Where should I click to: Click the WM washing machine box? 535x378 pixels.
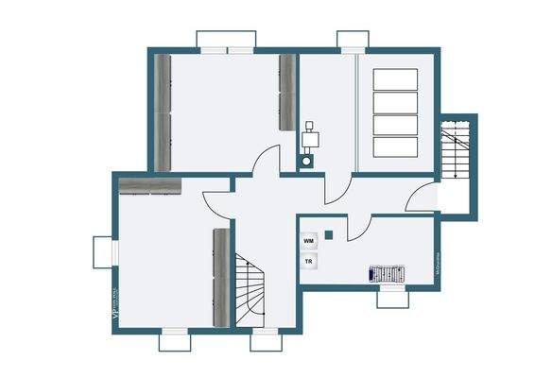pos(309,242)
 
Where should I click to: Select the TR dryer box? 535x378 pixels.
pos(309,262)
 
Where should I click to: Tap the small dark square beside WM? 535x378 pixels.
pos(329,233)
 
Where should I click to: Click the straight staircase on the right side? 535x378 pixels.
pos(455,155)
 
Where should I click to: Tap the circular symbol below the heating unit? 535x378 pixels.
pos(309,162)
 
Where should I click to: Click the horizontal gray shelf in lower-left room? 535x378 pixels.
pos(150,184)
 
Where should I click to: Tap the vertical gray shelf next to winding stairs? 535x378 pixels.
pos(222,278)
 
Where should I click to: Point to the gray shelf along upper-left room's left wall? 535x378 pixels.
pos(164,113)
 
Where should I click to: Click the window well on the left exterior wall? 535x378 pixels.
pos(102,251)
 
